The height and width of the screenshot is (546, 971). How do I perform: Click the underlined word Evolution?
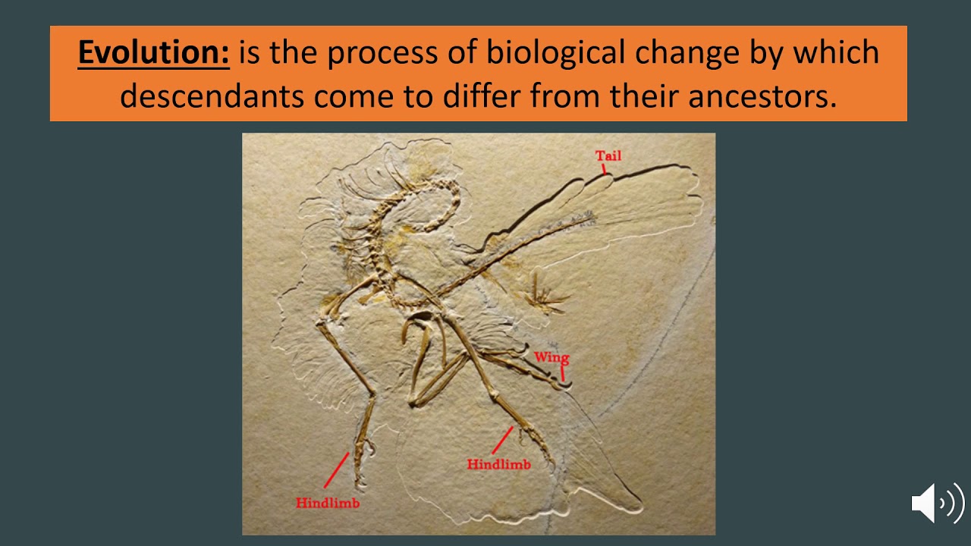[153, 53]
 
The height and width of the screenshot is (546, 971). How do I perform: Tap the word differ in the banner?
[489, 96]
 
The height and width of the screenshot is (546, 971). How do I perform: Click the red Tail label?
[608, 155]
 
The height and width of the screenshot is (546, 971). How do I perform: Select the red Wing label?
[551, 357]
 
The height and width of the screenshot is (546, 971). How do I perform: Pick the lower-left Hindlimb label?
[328, 502]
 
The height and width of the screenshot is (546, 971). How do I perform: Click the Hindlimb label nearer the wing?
[498, 464]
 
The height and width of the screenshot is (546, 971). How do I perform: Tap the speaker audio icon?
[938, 503]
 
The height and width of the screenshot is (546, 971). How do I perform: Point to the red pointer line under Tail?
[605, 169]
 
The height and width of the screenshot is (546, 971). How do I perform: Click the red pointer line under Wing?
[563, 372]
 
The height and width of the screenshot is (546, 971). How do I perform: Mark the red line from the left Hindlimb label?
[336, 471]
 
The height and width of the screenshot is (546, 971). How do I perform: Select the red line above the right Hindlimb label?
[503, 440]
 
